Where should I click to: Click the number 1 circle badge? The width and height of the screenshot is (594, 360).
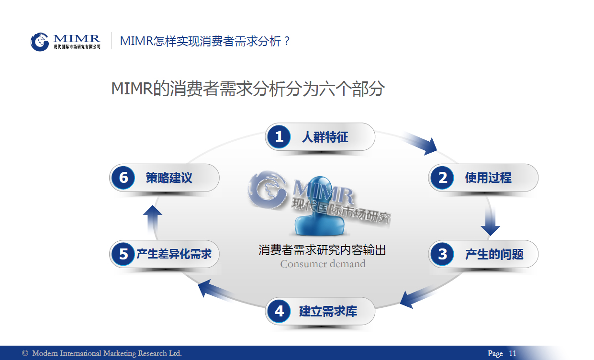(x=279, y=136)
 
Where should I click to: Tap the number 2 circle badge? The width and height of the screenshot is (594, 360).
(x=442, y=178)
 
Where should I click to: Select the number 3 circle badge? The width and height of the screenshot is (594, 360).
(x=442, y=254)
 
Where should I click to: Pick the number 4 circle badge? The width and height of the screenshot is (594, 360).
(x=279, y=311)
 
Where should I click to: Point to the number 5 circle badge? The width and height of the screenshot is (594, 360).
(x=123, y=254)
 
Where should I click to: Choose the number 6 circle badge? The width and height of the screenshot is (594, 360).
(x=123, y=178)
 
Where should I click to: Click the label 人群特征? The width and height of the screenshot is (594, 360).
(x=325, y=137)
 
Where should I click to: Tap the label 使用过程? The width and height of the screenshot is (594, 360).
(x=488, y=178)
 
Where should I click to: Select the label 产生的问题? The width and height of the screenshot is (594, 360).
(x=494, y=254)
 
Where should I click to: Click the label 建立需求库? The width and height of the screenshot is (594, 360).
(x=328, y=311)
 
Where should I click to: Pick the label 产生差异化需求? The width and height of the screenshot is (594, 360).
(x=174, y=254)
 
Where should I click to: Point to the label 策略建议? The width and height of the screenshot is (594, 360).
(x=169, y=178)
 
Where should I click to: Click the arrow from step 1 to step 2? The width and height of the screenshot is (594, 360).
(x=420, y=143)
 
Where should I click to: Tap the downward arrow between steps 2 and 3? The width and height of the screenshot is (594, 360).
(x=490, y=221)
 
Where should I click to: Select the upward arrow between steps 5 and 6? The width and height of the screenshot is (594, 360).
(x=153, y=220)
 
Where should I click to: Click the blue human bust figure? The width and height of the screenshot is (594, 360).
(x=320, y=206)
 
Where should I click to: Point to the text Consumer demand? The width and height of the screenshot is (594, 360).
(x=323, y=264)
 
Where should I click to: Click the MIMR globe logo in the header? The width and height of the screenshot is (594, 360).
(x=40, y=42)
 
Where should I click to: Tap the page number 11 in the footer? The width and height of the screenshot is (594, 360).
(x=512, y=353)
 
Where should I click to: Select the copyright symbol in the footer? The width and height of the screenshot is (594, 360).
(x=25, y=353)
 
